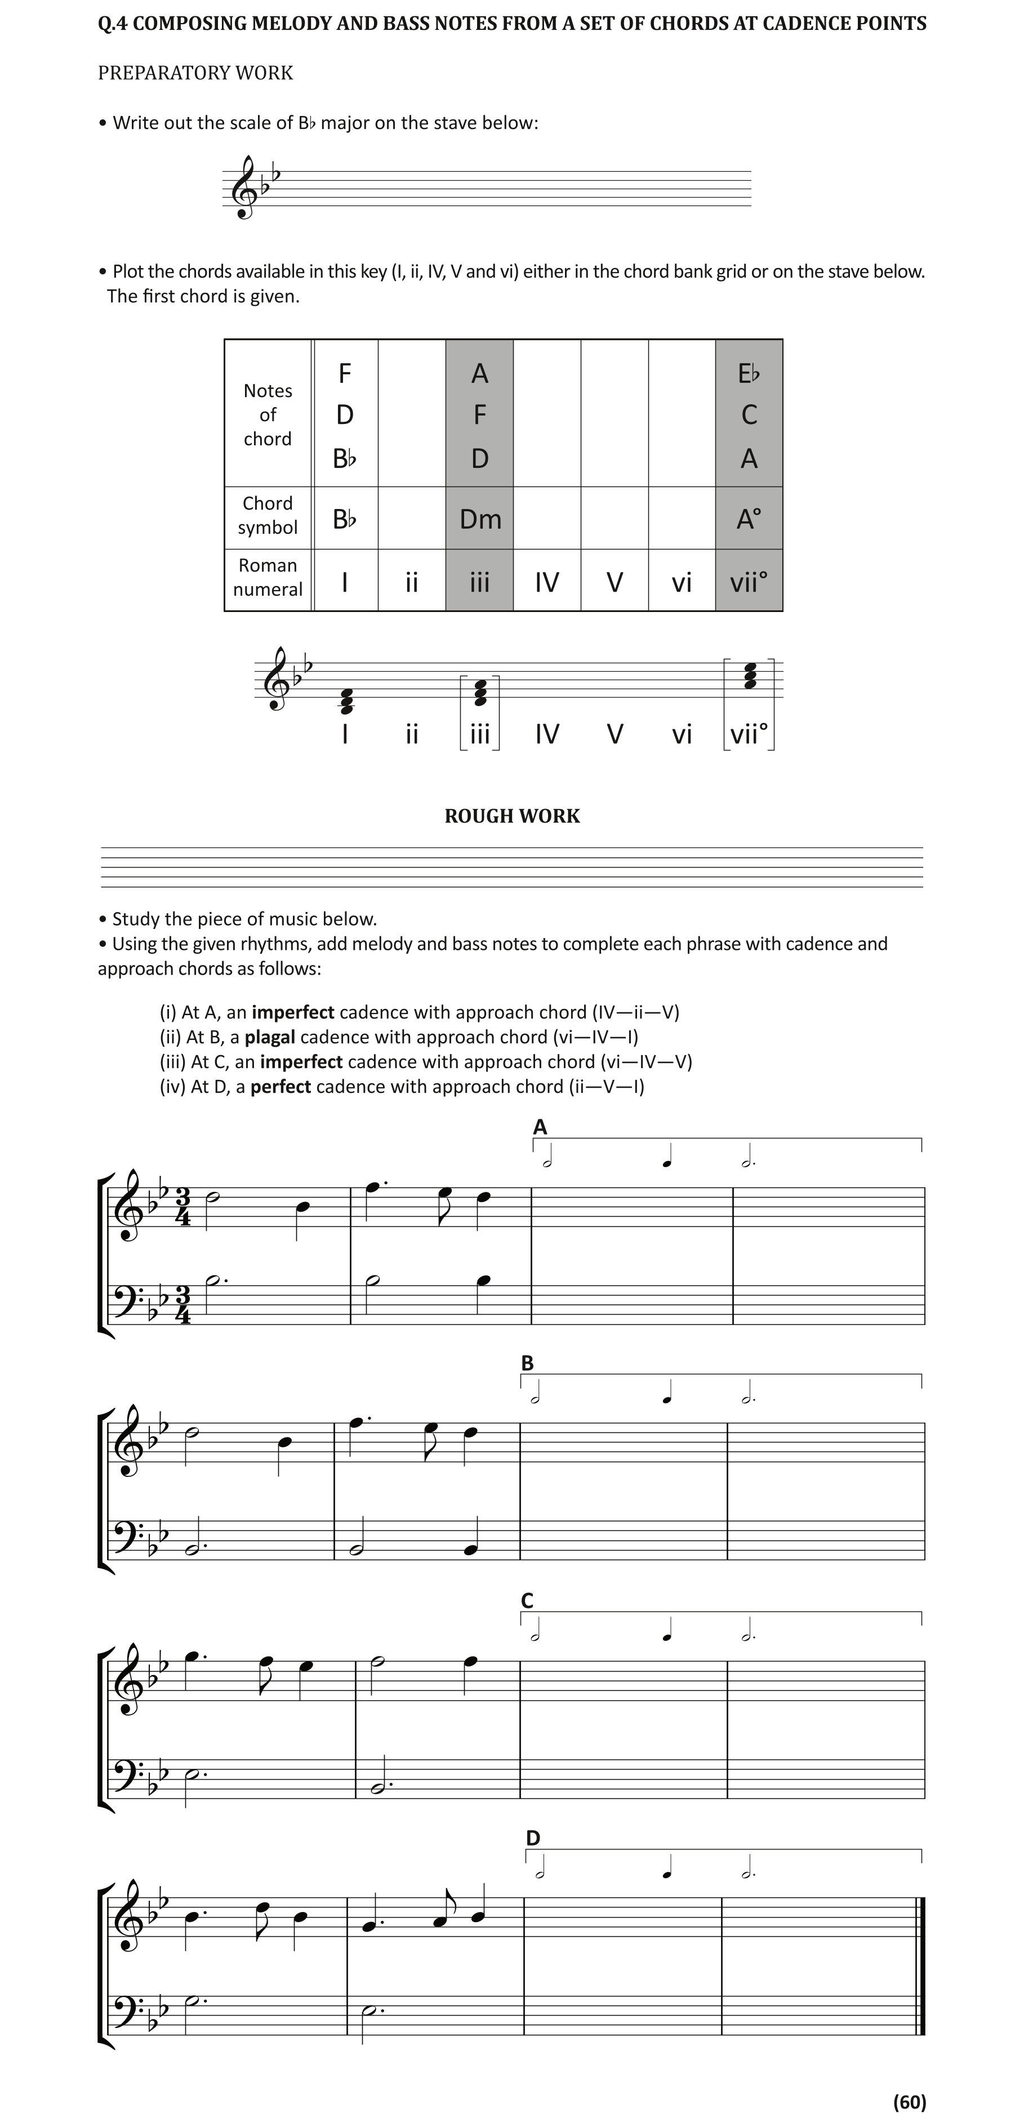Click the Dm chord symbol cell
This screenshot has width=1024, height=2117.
480,519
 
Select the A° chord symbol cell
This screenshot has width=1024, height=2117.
749,519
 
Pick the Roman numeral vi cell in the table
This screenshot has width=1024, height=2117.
682,582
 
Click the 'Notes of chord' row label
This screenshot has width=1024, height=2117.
268,414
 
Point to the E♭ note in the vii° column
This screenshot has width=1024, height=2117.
749,374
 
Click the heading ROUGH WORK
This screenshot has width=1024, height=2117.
512,816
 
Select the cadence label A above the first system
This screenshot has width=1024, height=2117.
540,1127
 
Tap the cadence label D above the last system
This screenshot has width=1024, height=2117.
533,1838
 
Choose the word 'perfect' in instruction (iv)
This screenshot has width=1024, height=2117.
281,1087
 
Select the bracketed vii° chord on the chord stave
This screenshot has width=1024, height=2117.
750,676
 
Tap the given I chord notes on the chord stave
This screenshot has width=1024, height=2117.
346,701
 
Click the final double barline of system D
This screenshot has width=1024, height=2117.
920,1966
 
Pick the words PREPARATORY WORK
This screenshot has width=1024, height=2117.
195,73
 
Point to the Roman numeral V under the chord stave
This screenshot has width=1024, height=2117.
615,733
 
